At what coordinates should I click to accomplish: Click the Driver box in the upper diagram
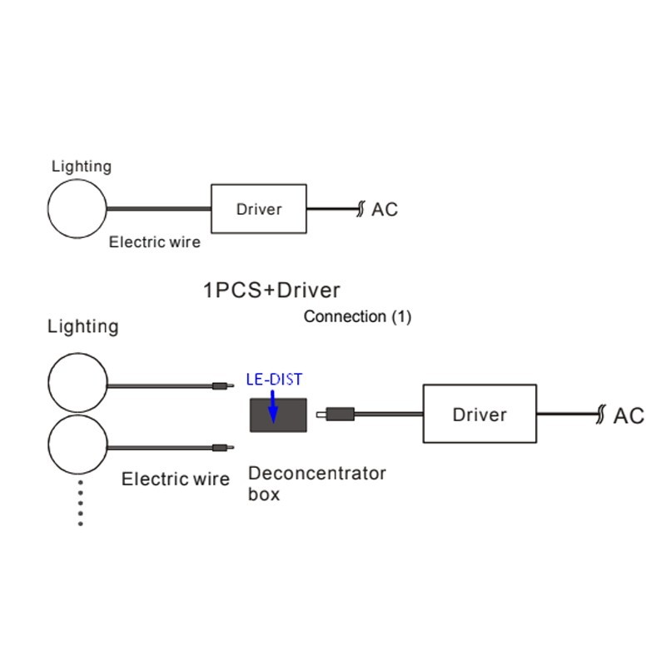pyautogui.click(x=259, y=209)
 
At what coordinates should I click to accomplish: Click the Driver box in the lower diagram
pyautogui.click(x=479, y=414)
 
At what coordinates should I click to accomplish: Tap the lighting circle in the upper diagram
pyautogui.click(x=77, y=208)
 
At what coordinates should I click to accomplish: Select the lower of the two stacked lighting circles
pyautogui.click(x=77, y=445)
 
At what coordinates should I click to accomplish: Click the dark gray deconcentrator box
pyautogui.click(x=278, y=415)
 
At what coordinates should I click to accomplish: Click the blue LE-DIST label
pyautogui.click(x=274, y=380)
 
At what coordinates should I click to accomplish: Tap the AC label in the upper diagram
pyautogui.click(x=385, y=210)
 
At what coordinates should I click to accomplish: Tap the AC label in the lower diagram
pyautogui.click(x=629, y=415)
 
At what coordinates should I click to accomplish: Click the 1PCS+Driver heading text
pyautogui.click(x=271, y=291)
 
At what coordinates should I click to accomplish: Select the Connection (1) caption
pyautogui.click(x=357, y=317)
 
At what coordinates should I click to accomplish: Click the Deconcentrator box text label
pyautogui.click(x=317, y=483)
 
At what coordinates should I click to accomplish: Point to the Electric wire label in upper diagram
pyautogui.click(x=155, y=243)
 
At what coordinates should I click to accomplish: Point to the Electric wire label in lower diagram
pyautogui.click(x=176, y=479)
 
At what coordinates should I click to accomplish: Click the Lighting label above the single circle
pyautogui.click(x=81, y=166)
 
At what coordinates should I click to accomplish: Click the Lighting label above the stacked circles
pyautogui.click(x=82, y=326)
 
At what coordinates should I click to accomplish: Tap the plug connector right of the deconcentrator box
pyautogui.click(x=340, y=413)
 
